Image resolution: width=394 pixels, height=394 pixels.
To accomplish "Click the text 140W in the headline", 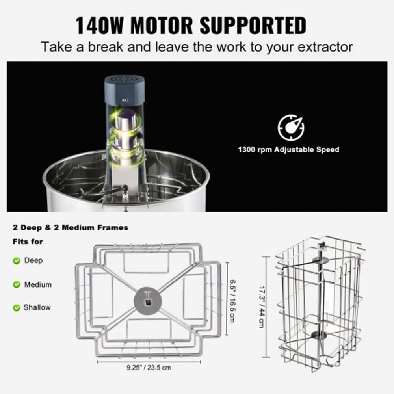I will point(100,26).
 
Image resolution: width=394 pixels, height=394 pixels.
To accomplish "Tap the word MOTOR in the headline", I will point(162,26).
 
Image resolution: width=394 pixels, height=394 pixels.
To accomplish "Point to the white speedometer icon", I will point(291,127).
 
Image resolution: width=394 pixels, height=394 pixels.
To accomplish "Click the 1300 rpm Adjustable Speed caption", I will point(288,150).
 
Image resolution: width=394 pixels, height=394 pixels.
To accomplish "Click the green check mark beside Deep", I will point(17,260).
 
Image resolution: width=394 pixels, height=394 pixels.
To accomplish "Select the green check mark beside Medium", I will point(17,284).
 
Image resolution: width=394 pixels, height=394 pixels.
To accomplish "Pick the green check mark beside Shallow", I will point(17,307).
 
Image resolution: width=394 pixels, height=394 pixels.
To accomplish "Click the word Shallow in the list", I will point(37,307).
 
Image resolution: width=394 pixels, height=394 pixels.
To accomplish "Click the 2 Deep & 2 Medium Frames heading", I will point(70,227).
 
